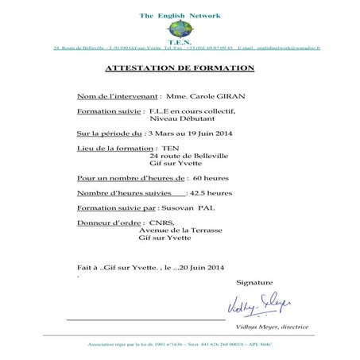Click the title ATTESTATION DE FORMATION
click(180, 69)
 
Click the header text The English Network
click(180, 16)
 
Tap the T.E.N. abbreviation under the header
click(180, 41)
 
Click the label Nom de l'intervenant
click(118, 95)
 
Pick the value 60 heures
click(211, 178)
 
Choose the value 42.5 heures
click(211, 193)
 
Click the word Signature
click(254, 283)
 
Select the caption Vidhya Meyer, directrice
click(272, 327)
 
